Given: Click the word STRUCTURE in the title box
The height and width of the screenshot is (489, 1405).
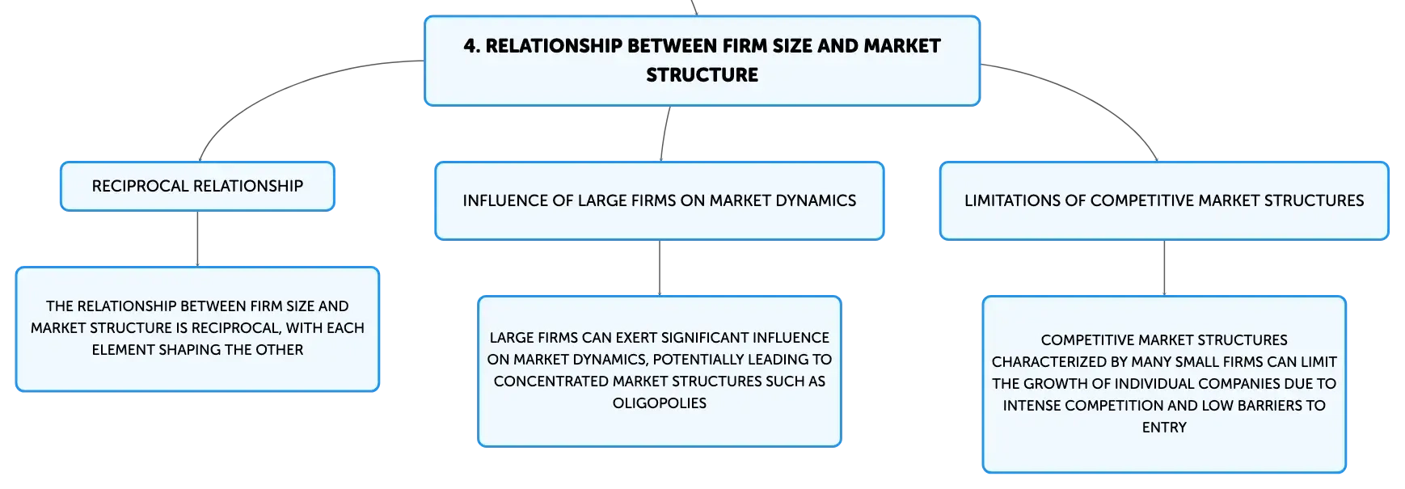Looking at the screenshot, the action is tap(702, 75).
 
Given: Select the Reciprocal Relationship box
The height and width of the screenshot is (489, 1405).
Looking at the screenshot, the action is tap(197, 186).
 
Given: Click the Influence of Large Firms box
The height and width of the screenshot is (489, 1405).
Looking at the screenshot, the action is tap(660, 200).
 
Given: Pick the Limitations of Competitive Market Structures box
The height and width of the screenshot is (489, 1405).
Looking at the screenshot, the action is tap(1164, 200).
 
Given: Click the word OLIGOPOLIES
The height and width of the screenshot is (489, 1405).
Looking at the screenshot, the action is tap(660, 403).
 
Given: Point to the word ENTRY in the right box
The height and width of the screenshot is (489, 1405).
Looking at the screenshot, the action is tap(1164, 428).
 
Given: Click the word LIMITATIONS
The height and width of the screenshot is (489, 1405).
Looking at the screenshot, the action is tap(1014, 200).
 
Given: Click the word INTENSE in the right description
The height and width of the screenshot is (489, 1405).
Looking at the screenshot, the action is tap(1032, 406).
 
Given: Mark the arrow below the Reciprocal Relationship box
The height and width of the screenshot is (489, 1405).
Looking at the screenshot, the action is tap(197, 239).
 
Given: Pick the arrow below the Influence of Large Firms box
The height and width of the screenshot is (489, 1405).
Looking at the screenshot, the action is tap(660, 268).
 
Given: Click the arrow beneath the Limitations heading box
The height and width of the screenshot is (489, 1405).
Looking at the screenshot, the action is tap(1164, 268).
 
